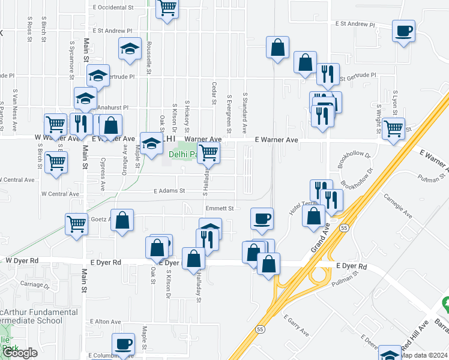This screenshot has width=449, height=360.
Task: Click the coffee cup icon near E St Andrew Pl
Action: tap(403, 30)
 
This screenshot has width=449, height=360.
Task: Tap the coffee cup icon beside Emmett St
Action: tap(261, 219)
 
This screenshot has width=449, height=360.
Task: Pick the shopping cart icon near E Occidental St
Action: tap(167, 8)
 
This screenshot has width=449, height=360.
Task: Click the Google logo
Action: tap(19, 353)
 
